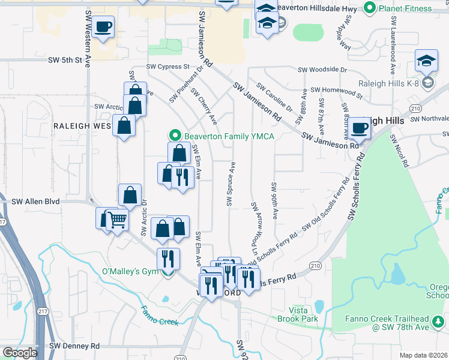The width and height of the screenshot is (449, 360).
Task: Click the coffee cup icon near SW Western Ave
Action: point(103,27)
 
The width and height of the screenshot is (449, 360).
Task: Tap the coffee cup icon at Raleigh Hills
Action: point(361,128)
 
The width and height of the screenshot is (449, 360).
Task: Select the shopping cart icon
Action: point(118,220)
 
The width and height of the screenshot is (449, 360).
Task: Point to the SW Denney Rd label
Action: point(74,346)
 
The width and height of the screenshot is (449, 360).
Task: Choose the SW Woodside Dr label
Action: point(323,70)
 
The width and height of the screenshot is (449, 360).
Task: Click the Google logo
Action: point(20,353)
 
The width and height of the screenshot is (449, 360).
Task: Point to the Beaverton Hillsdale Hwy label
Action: point(324,8)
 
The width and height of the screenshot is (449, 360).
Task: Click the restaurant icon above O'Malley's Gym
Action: point(167,259)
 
